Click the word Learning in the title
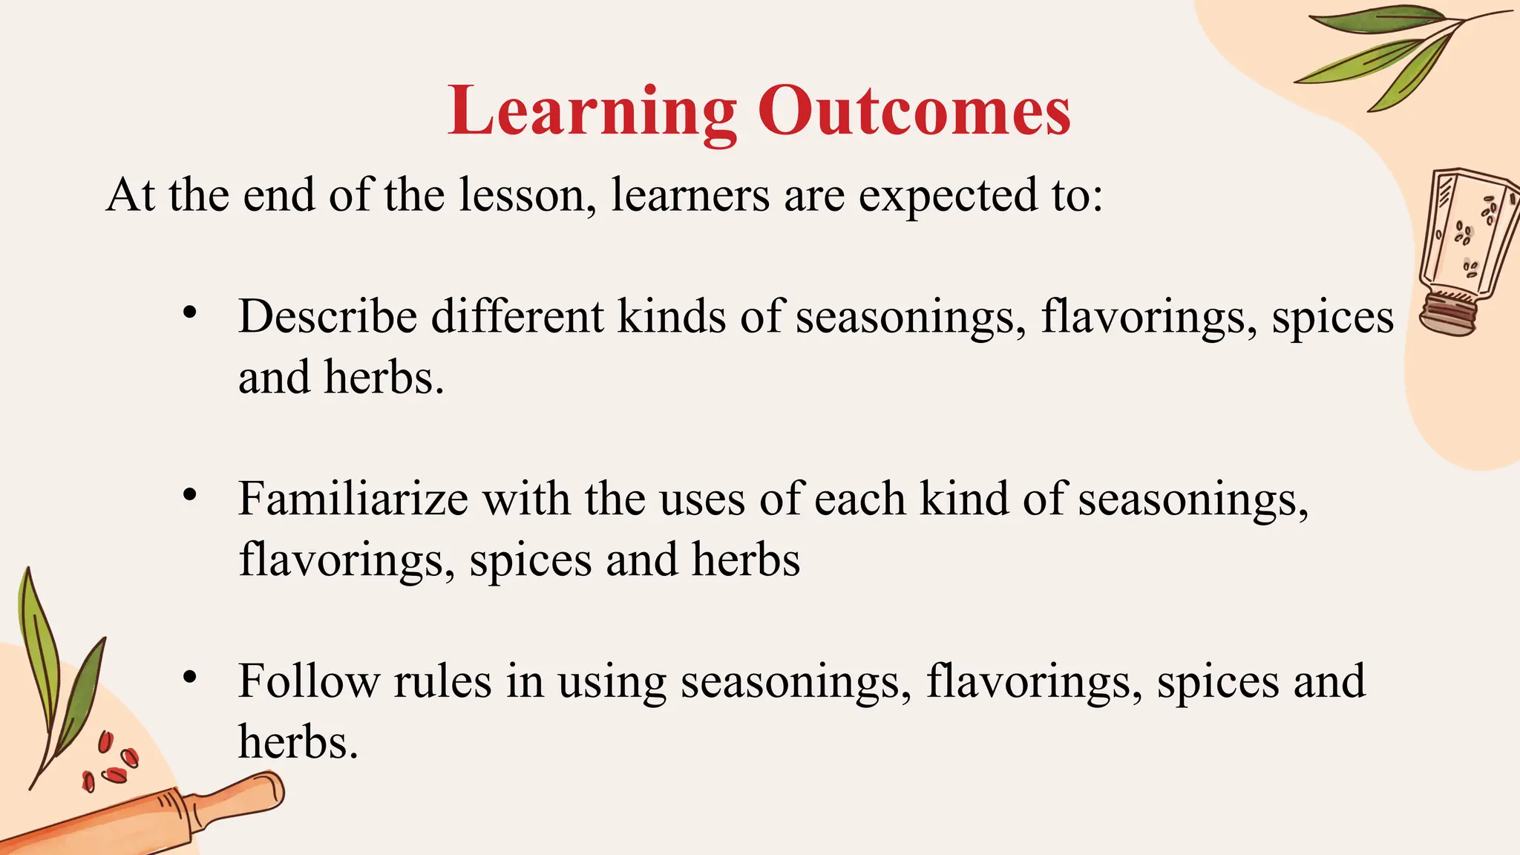pyautogui.click(x=592, y=113)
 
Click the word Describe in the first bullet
pyautogui.click(x=327, y=317)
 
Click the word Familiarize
pyautogui.click(x=353, y=499)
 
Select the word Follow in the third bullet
pyautogui.click(x=309, y=681)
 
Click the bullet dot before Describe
pyautogui.click(x=190, y=312)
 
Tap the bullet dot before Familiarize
pyautogui.click(x=190, y=494)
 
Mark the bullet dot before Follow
pyautogui.click(x=190, y=676)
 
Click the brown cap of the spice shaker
pyautogui.click(x=1448, y=315)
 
